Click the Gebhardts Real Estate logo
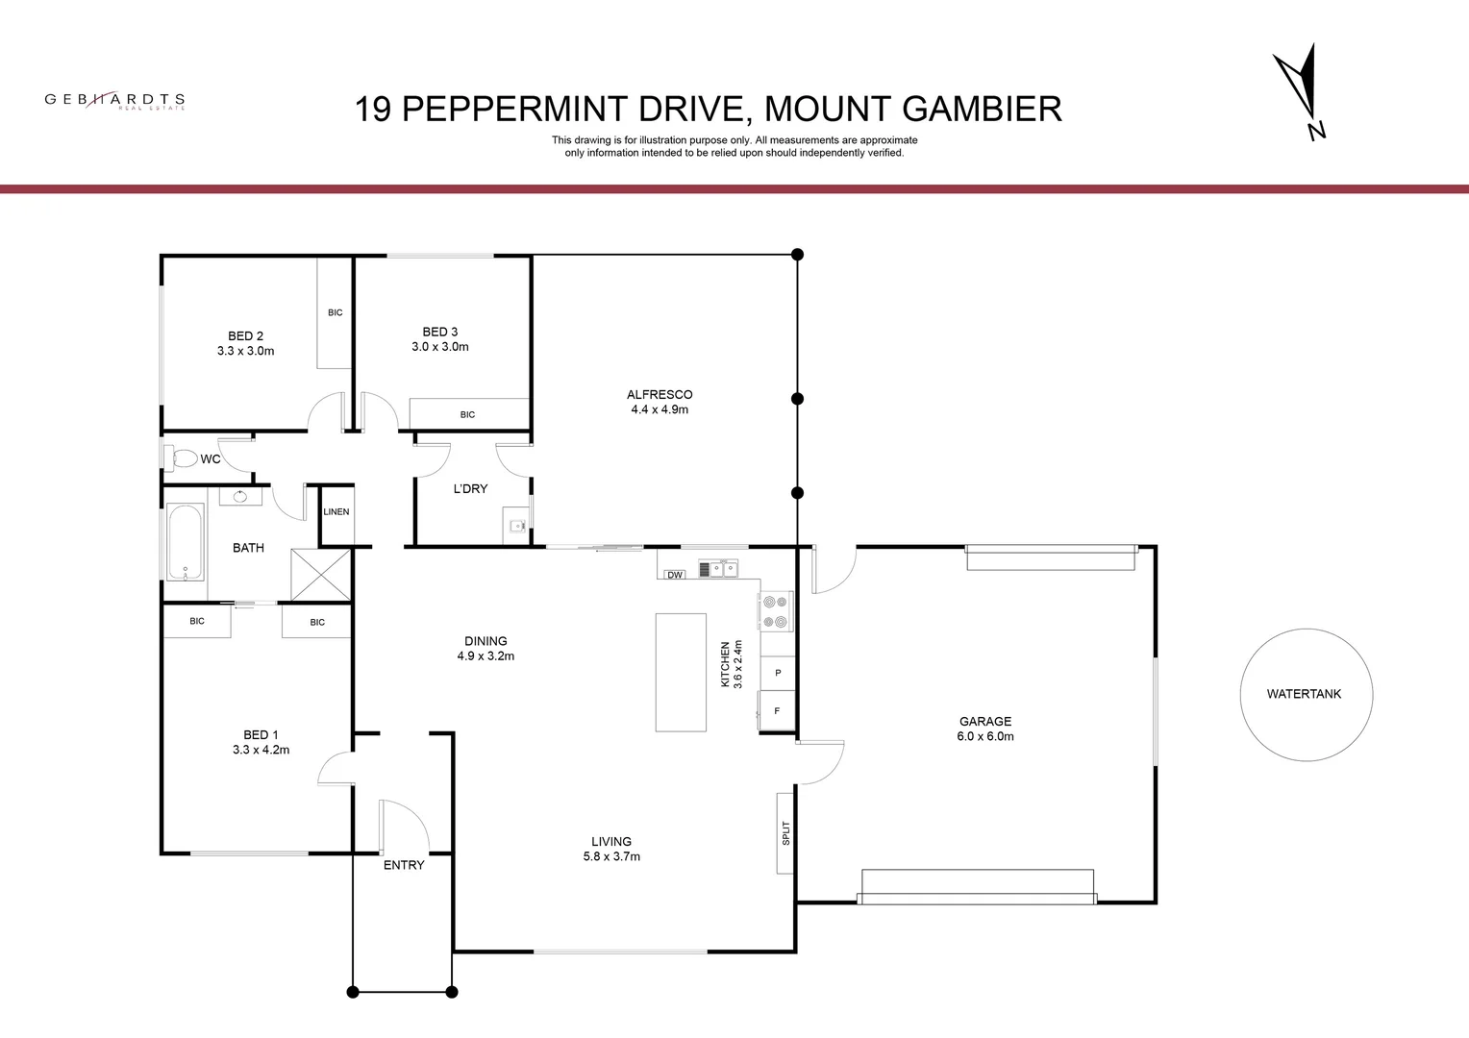pyautogui.click(x=114, y=100)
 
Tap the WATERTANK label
pyautogui.click(x=1304, y=694)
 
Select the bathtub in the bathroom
pyautogui.click(x=186, y=542)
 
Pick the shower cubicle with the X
pyautogui.click(x=321, y=575)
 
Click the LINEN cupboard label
pyautogui.click(x=336, y=511)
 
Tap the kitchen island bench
pyautogui.click(x=681, y=672)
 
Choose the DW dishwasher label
pyautogui.click(x=675, y=575)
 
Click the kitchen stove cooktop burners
pyautogui.click(x=775, y=611)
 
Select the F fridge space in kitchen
pyautogui.click(x=777, y=710)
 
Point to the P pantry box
pyautogui.click(x=778, y=673)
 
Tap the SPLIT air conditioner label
pyautogui.click(x=785, y=832)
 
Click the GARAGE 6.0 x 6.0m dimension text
pyautogui.click(x=985, y=736)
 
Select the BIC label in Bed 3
pyautogui.click(x=467, y=414)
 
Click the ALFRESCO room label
pyautogui.click(x=660, y=395)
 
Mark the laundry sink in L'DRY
pyautogui.click(x=517, y=525)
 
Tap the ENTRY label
pyautogui.click(x=404, y=865)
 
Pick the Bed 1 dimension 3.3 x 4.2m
pyautogui.click(x=261, y=750)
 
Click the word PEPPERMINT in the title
pyautogui.click(x=515, y=109)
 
